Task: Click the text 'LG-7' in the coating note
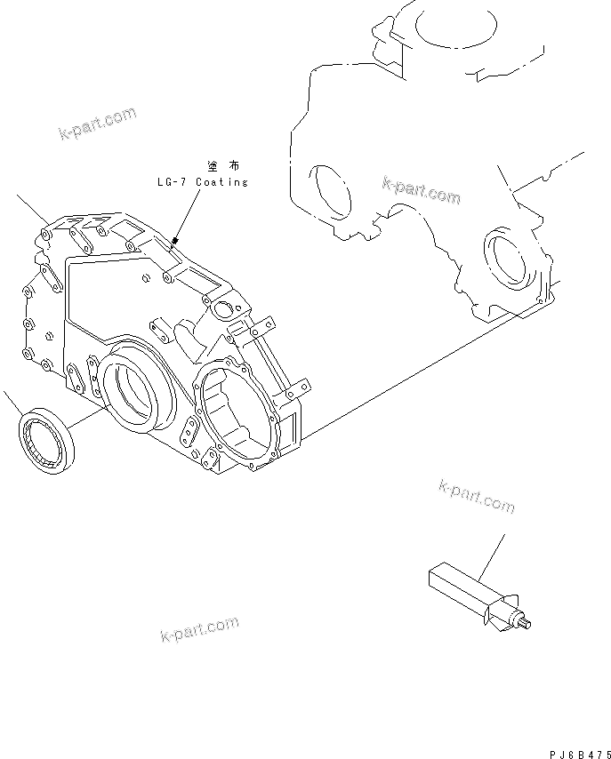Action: click(170, 182)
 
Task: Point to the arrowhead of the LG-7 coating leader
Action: click(176, 240)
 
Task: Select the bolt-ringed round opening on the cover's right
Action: click(236, 411)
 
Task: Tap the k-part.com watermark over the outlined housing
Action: click(421, 190)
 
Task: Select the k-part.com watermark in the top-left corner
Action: click(97, 124)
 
